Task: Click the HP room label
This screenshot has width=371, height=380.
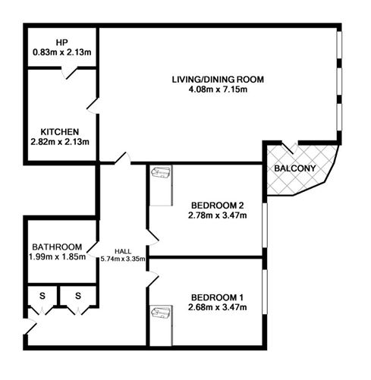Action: coord(62,42)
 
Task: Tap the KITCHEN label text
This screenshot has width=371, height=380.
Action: coord(60,132)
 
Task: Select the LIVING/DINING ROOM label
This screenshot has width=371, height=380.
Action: coord(218,80)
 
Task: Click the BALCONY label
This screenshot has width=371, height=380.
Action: coord(295,168)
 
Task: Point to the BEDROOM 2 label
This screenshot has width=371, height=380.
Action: coord(218,206)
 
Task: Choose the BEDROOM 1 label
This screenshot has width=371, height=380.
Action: coord(217,297)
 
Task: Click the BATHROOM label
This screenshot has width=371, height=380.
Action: coord(57,247)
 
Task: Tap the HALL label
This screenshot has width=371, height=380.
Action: coord(123,251)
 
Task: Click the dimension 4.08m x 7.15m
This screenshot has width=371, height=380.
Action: coord(218,90)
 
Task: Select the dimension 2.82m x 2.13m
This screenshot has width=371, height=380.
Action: coord(60,142)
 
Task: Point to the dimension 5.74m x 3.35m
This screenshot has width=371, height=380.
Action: coord(123,259)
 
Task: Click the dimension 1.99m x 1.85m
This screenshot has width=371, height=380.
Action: coord(57,257)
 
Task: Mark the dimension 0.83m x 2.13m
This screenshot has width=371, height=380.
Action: coord(62,52)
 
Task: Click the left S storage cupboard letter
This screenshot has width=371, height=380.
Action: coord(42,296)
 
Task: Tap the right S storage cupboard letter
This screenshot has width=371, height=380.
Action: coord(78,296)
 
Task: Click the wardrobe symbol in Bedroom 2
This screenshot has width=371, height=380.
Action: coord(161,172)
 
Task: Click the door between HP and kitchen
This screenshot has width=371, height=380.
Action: coord(69,73)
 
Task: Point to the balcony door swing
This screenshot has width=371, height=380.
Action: coord(290,148)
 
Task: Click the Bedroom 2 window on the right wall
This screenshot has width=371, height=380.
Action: coord(265,225)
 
